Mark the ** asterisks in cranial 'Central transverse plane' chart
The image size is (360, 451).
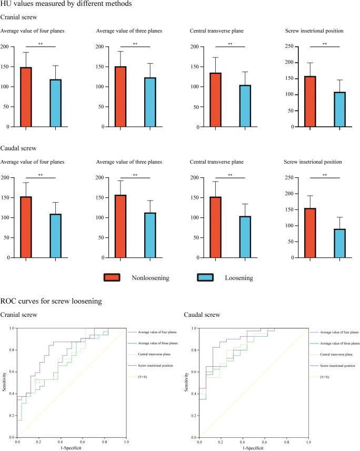(x=230, y=44)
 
